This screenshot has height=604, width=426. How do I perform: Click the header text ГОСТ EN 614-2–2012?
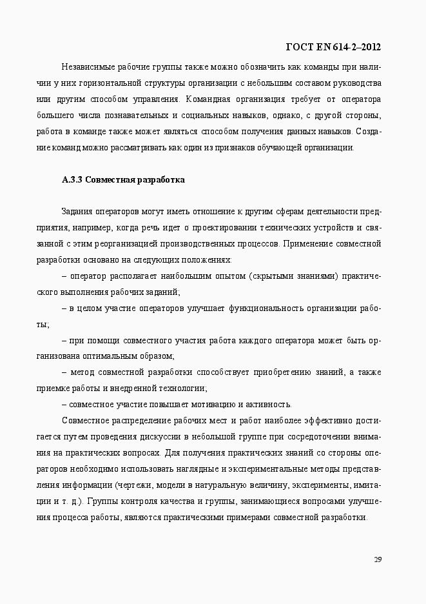(333, 46)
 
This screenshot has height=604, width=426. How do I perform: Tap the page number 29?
(377, 559)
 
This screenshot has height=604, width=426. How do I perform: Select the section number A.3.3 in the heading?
(73, 180)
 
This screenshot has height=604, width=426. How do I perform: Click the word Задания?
(77, 212)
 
